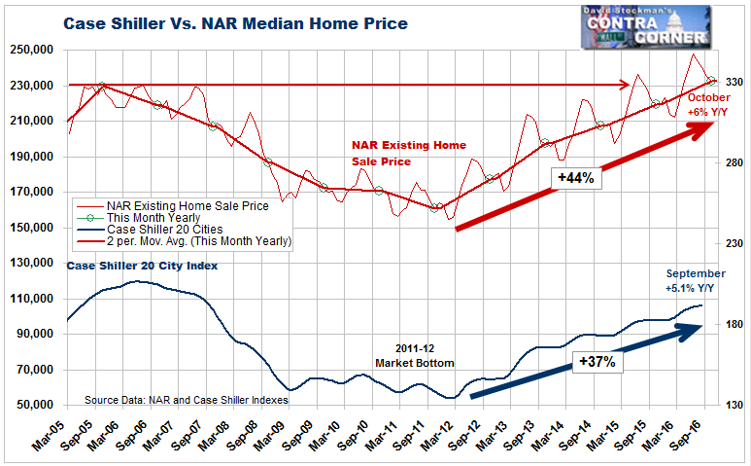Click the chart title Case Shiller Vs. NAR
click(x=235, y=21)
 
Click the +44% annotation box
click(x=577, y=178)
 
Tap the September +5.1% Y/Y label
click(x=695, y=280)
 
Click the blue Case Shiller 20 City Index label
click(x=141, y=266)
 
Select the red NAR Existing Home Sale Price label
click(x=408, y=153)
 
